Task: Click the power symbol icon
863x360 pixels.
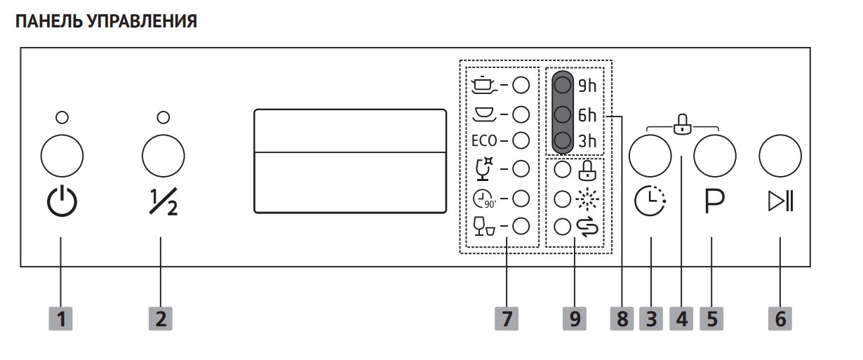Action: point(62,202)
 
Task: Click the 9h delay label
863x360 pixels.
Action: point(587,86)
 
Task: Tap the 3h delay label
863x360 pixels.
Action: point(587,142)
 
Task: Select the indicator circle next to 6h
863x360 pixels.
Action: point(562,114)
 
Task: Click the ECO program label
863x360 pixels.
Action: point(484,140)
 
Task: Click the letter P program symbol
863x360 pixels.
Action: point(714,202)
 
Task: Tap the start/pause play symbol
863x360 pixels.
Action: point(781,202)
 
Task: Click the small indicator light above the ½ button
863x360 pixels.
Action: point(163,116)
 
